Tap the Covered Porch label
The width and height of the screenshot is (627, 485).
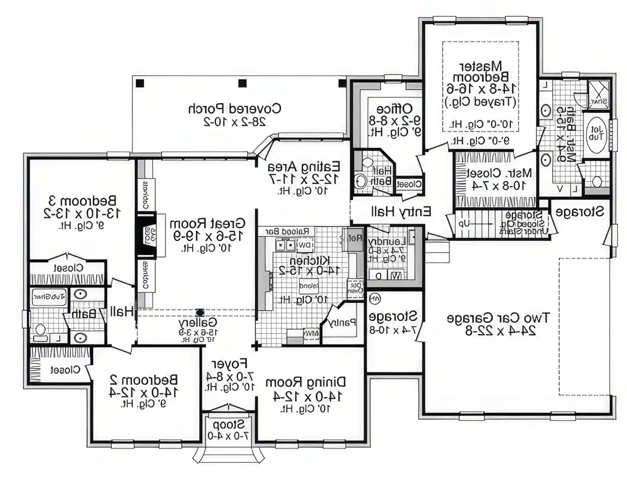[234, 109]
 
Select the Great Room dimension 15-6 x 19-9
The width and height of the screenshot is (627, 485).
[208, 236]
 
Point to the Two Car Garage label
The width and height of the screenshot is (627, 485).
[498, 318]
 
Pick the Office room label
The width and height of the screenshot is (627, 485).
[394, 109]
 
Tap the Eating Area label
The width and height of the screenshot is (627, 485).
[304, 167]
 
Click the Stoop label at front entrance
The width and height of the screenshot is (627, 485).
[229, 425]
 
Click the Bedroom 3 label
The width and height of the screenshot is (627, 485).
[82, 201]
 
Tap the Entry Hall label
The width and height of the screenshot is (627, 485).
[401, 212]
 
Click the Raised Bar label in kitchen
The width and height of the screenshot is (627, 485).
[287, 231]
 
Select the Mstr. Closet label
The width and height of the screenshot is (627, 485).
[498, 173]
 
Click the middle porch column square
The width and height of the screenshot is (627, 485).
[242, 83]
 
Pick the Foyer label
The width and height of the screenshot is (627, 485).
[229, 363]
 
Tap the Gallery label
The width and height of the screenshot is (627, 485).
[198, 322]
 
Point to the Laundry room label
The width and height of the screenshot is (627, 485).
[387, 242]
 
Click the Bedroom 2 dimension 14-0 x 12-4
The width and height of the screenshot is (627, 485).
[143, 392]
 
